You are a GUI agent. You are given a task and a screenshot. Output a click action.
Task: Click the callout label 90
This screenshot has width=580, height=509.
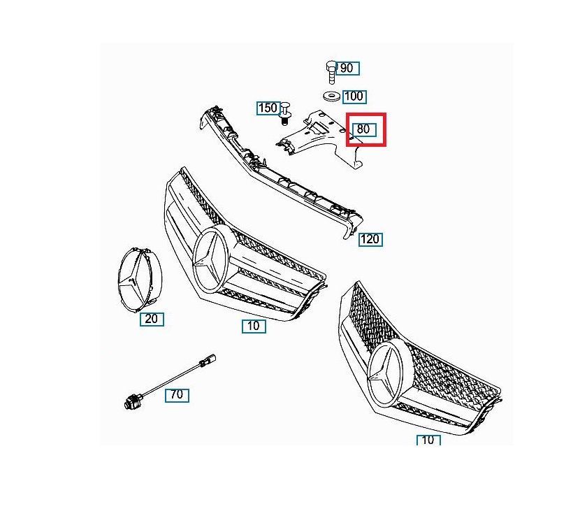point(347,69)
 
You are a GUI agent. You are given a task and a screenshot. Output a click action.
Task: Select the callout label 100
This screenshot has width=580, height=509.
point(354,96)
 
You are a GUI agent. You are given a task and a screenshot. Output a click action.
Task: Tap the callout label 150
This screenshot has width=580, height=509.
point(268,108)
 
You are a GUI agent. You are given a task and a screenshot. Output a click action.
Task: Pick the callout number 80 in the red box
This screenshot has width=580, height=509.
point(364,129)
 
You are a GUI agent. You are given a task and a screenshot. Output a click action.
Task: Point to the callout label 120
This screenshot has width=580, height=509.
point(370,240)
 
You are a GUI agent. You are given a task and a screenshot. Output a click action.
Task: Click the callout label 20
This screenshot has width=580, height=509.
point(152,319)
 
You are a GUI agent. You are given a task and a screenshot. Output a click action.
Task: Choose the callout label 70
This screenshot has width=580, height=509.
point(177,395)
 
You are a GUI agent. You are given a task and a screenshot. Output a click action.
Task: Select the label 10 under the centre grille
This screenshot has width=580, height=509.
point(254,326)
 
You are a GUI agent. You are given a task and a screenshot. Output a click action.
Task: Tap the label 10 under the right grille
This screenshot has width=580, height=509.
point(428,440)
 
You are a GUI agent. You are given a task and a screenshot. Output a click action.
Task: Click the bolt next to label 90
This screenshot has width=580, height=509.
point(331,72)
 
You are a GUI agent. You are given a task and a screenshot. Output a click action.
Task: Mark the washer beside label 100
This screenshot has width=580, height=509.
point(331,96)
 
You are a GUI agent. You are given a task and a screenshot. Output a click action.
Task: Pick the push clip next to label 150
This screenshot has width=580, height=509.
point(285,114)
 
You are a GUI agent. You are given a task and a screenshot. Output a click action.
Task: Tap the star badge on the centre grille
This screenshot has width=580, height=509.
point(212,259)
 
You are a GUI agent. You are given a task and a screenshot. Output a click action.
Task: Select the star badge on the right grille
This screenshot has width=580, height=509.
point(386,375)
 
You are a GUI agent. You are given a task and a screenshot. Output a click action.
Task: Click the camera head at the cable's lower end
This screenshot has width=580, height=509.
point(131,401)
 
